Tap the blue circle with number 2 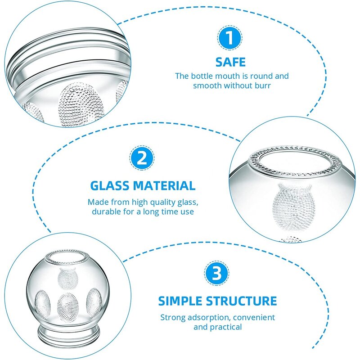pyautogui.click(x=142, y=159)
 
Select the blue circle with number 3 pyautogui.click(x=217, y=274)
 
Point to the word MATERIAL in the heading pyautogui.click(x=166, y=185)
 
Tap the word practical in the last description pyautogui.click(x=227, y=327)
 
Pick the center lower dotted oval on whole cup pyautogui.click(x=67, y=307)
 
